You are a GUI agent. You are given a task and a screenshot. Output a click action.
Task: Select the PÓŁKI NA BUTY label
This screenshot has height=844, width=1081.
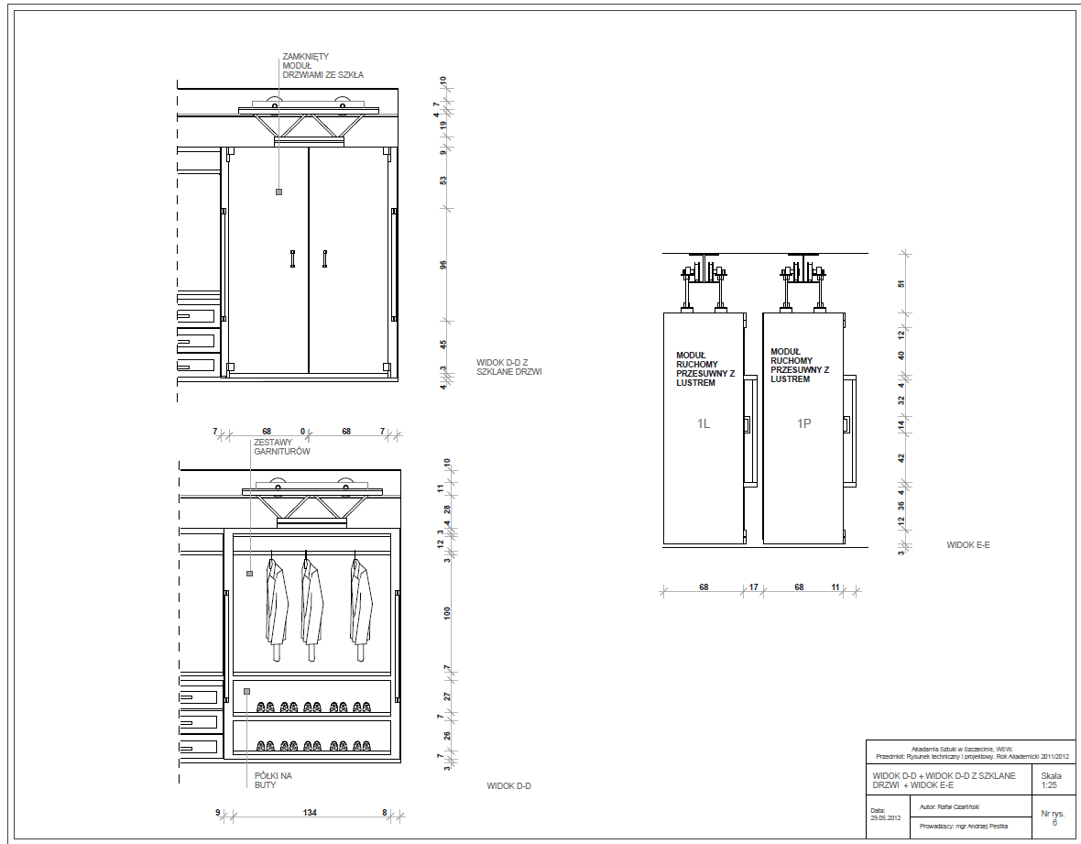(x=272, y=781)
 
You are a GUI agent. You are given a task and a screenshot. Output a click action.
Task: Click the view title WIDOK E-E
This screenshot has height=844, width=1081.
(x=968, y=545)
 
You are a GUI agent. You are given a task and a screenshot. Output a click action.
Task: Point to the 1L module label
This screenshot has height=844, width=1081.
(x=704, y=423)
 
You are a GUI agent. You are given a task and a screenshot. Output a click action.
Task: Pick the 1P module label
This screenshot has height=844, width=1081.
(x=803, y=423)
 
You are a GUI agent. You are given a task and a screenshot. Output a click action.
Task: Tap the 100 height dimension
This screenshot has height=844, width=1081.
(x=447, y=613)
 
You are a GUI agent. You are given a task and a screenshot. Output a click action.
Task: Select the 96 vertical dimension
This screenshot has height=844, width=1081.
(x=443, y=265)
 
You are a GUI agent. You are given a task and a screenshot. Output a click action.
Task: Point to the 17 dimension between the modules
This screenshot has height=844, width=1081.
(x=753, y=587)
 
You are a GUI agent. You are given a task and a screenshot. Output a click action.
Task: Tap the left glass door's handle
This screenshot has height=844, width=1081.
(x=292, y=259)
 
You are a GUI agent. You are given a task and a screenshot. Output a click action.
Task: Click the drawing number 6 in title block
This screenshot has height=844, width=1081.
(x=1054, y=822)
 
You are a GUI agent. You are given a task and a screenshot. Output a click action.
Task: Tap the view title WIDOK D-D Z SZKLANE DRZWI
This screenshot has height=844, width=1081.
(x=508, y=367)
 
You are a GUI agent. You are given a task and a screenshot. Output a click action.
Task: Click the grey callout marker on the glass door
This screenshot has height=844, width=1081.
(x=278, y=192)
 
